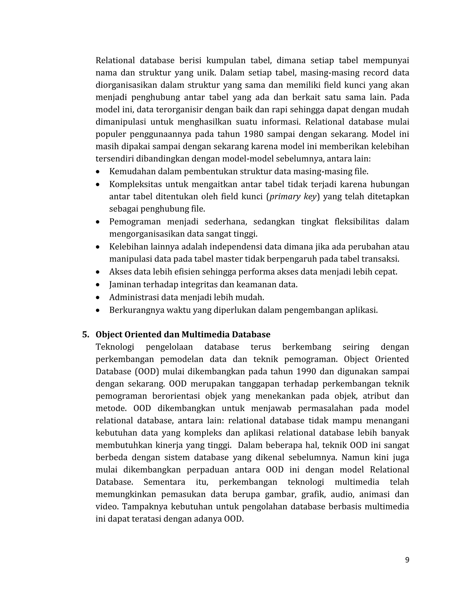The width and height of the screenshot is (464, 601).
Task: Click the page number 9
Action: click(407, 560)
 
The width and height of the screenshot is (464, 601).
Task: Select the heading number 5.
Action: click(86, 335)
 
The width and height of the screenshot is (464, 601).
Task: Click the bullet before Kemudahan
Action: click(98, 172)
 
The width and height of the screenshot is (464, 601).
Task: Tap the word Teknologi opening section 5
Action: click(115, 347)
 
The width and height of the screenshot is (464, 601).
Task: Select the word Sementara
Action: click(164, 482)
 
